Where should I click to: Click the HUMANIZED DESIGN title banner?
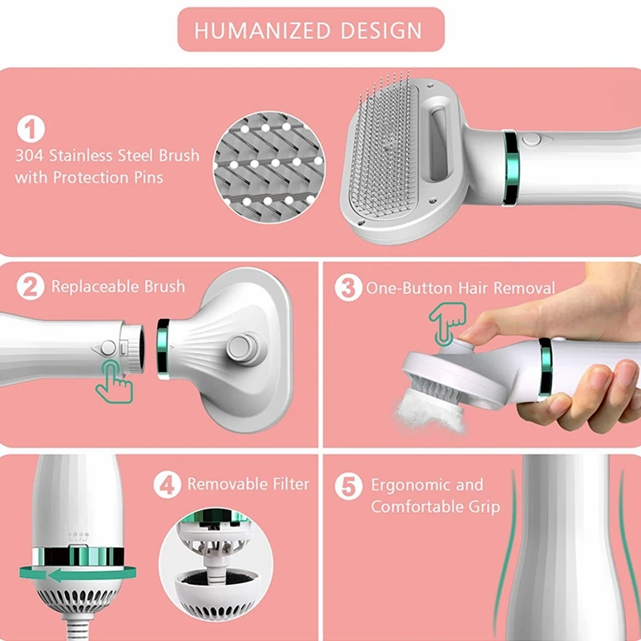click(x=308, y=30)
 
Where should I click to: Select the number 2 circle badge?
click(x=30, y=287)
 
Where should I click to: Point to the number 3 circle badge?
click(x=348, y=288)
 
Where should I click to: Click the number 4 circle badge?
click(x=167, y=485)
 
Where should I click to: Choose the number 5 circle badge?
click(x=348, y=486)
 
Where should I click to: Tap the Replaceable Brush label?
click(x=118, y=286)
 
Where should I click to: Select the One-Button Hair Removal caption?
click(x=461, y=288)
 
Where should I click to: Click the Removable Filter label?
click(x=248, y=484)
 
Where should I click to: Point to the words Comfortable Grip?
click(x=435, y=506)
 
